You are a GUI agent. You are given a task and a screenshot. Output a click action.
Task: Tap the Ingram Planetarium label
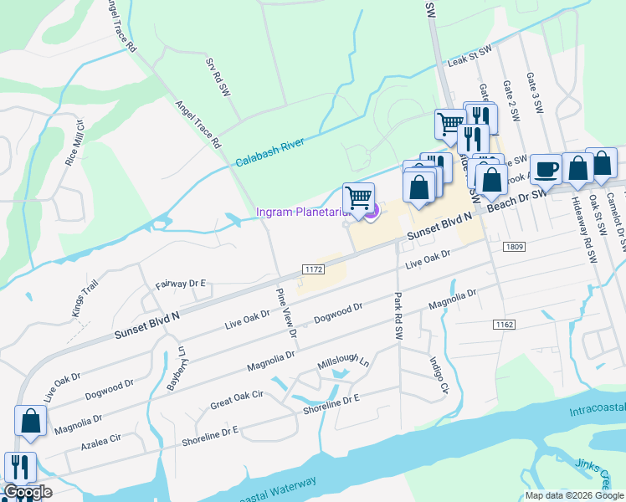tap(302, 213)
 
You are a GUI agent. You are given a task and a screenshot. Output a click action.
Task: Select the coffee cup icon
tap(546, 170)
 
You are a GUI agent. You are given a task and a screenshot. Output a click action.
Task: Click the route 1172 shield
tap(313, 269)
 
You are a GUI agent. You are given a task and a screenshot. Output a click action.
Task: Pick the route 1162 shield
tap(504, 324)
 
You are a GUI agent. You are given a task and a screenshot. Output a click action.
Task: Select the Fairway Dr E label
tap(180, 285)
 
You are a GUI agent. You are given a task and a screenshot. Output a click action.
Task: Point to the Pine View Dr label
tap(286, 312)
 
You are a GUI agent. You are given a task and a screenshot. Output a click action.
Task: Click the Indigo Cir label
tap(439, 376)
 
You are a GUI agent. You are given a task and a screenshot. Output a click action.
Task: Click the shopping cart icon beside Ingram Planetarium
tap(358, 198)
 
